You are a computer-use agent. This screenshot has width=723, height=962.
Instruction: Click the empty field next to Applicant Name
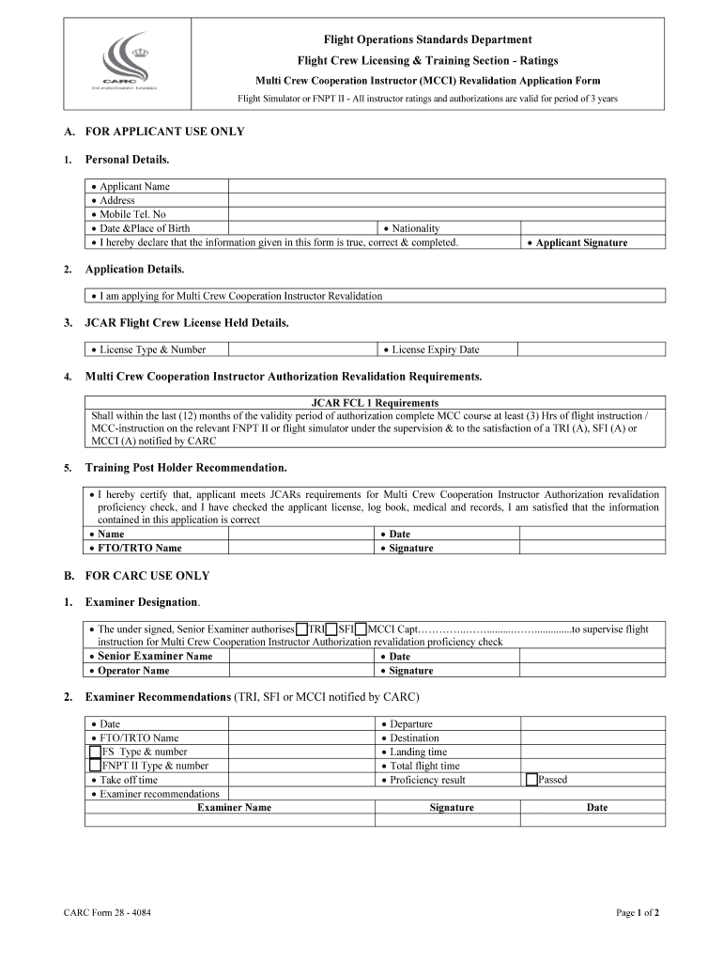447,186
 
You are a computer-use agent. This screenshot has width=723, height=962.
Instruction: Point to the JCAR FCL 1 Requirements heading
375,403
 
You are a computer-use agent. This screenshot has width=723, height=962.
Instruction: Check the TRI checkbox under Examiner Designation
301,629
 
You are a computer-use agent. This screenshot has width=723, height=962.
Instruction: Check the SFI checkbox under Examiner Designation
331,629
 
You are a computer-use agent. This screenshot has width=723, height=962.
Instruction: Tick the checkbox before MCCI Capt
361,629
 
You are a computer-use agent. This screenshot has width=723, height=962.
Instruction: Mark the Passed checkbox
531,780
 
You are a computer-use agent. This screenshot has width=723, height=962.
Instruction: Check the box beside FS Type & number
95,752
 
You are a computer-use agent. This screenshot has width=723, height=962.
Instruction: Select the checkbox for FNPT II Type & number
95,766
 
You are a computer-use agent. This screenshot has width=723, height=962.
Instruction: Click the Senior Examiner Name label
155,656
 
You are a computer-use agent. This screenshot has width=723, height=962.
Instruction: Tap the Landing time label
418,752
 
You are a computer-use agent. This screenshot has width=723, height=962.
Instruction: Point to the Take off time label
129,780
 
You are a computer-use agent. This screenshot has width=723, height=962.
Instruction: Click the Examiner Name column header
234,807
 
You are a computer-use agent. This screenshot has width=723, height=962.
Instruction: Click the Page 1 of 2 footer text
637,912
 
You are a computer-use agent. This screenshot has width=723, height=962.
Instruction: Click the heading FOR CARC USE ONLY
147,575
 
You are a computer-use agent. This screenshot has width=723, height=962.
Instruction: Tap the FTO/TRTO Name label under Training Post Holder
140,548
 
